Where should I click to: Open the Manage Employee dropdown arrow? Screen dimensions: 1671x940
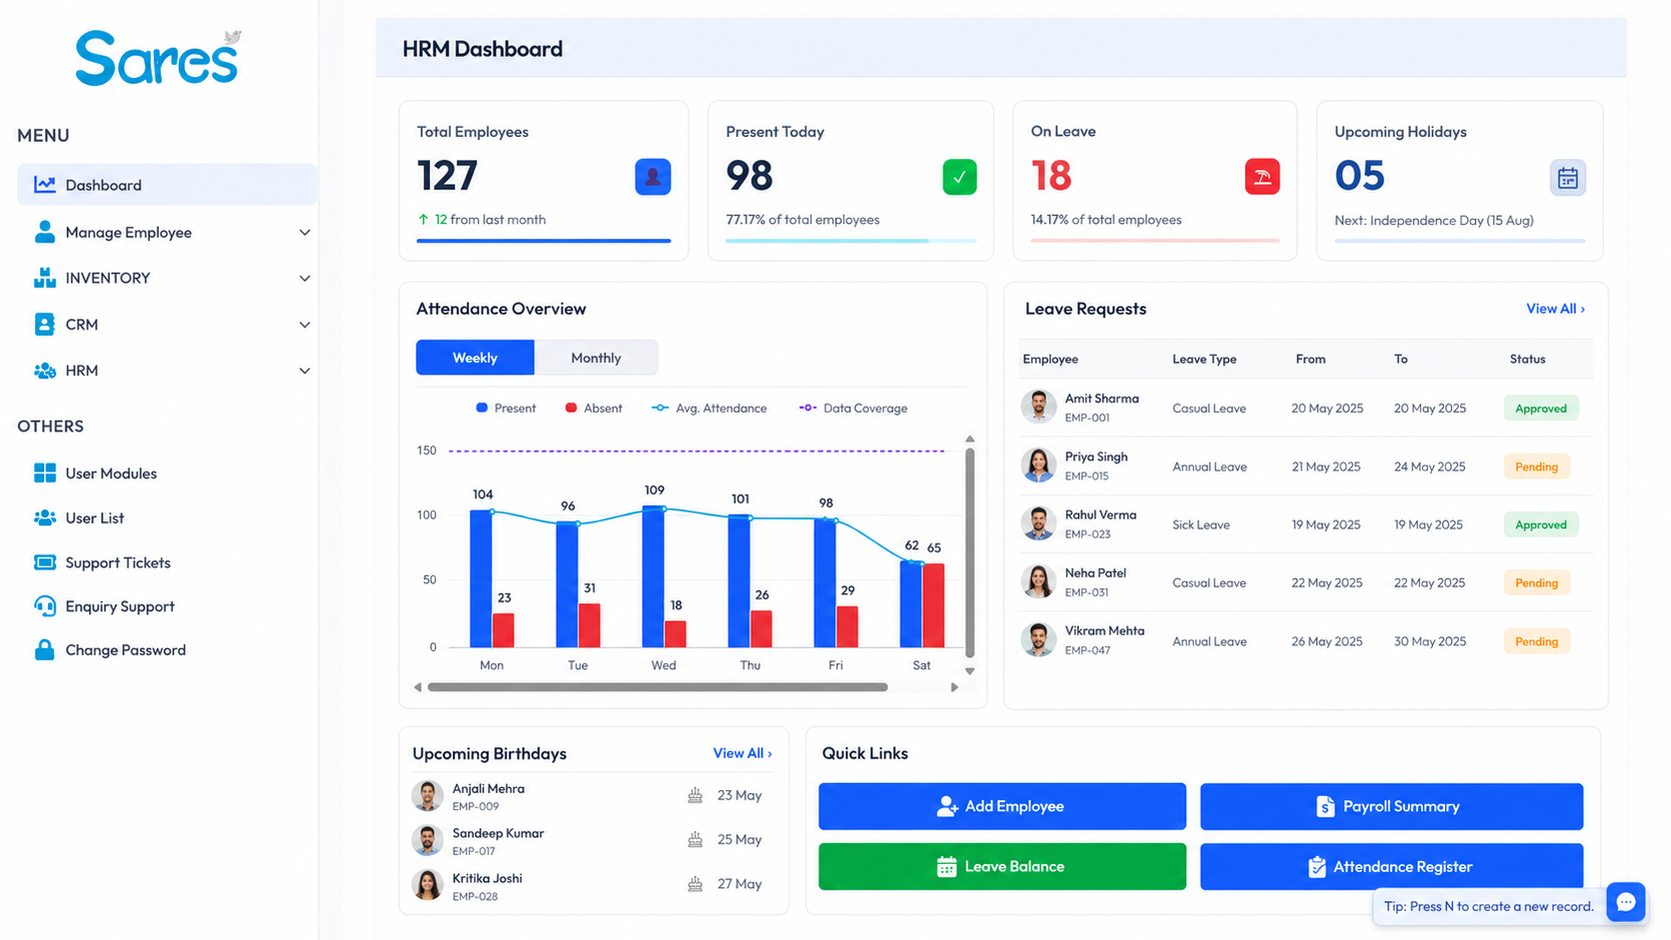(x=305, y=233)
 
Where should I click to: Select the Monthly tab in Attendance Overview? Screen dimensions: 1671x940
(x=596, y=358)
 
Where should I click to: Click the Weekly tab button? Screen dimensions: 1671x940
(x=475, y=358)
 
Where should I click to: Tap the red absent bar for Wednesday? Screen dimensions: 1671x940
(x=676, y=633)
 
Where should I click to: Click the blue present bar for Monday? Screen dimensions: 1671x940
(x=481, y=579)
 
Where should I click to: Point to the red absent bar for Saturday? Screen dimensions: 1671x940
(x=933, y=605)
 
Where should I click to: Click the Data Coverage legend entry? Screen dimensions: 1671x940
(x=853, y=409)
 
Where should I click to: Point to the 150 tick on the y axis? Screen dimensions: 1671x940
(x=427, y=451)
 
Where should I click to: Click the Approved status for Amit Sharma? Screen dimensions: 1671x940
(x=1540, y=409)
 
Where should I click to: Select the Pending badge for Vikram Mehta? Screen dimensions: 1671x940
(x=1536, y=641)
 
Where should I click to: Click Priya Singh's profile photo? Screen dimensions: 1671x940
(x=1038, y=466)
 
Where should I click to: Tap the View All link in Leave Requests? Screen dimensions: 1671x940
(x=1555, y=309)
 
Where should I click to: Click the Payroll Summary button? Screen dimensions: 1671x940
(x=1391, y=806)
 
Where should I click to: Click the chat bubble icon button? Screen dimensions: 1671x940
(x=1625, y=903)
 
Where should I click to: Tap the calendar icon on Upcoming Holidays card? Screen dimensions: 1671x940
(x=1567, y=178)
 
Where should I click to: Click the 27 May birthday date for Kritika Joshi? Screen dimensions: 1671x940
(x=740, y=884)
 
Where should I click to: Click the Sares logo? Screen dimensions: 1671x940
(x=158, y=58)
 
